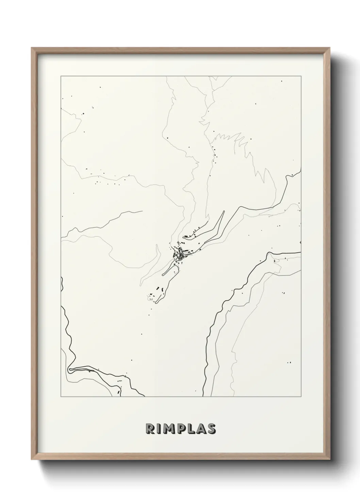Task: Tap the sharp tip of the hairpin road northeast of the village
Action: [x=224, y=211]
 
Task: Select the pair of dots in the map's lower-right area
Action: [x=289, y=363]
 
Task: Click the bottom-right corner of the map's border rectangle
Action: [x=301, y=397]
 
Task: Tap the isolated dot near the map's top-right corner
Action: [x=281, y=81]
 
